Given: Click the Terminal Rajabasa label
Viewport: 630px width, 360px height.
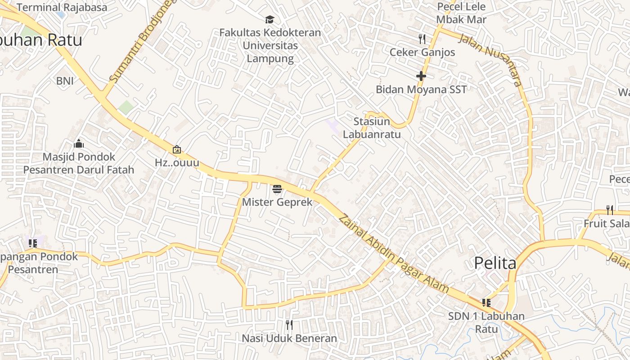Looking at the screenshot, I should pos(62,7).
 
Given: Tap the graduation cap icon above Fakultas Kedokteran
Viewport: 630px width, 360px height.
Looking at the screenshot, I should pos(270,19).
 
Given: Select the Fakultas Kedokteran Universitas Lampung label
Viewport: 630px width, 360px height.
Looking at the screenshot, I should pos(270,45).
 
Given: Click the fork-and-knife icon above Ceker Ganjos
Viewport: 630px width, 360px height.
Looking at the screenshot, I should pos(422,39).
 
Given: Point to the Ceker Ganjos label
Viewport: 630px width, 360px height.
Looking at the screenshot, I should pos(422,52).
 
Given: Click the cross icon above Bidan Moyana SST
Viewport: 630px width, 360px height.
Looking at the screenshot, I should pos(421,76).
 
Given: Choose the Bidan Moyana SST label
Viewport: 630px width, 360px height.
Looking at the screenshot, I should pos(421,89).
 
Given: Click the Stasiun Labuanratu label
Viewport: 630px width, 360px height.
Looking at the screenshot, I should pos(372,128).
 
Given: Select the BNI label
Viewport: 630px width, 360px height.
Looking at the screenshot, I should pos(65,81).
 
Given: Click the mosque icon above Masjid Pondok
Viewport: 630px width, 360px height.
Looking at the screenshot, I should pos(79,144).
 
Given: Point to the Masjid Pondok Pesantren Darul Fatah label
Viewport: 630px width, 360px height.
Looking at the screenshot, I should pos(79,163).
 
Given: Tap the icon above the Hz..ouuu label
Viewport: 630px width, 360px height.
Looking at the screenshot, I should pos(177,149).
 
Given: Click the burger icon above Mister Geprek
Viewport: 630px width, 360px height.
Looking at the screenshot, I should pos(277,189).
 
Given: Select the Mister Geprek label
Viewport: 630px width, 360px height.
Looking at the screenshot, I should pos(277,202).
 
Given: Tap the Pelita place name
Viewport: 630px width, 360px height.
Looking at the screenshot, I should pos(495,263).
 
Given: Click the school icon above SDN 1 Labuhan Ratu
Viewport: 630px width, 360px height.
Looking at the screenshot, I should pos(486,303).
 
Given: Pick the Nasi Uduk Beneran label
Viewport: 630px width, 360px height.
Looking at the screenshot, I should pos(289,338).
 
